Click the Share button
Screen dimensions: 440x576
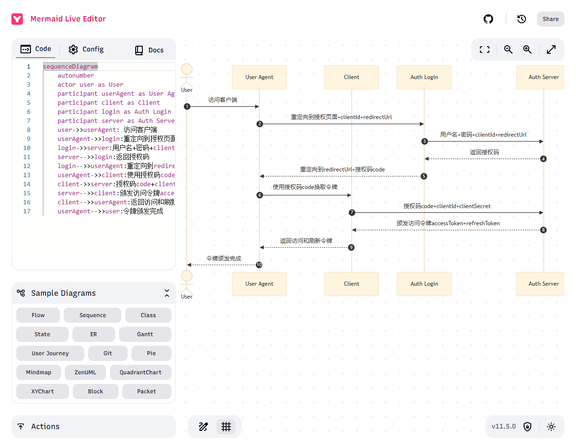pos(550,19)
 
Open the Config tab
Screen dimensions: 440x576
pos(86,50)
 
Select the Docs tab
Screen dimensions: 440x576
pos(149,50)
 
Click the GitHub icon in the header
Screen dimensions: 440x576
pos(488,19)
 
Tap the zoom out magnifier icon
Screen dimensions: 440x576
pos(508,50)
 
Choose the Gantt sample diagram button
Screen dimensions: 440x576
pos(145,334)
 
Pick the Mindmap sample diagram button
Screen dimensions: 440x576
pos(39,372)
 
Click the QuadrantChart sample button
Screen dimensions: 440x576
pos(140,372)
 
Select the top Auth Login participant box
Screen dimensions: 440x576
pos(424,77)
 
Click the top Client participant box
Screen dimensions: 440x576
pos(351,77)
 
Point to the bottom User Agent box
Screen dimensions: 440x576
pos(259,284)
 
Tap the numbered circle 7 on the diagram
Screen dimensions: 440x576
pos(352,212)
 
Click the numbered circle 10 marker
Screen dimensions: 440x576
pos(259,265)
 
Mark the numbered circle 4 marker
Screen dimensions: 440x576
pos(544,159)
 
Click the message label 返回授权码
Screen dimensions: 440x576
pos(484,152)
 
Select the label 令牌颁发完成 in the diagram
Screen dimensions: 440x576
pos(223,259)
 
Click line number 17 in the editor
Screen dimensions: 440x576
pos(27,211)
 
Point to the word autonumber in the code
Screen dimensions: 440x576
pos(76,75)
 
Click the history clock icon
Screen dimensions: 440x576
pos(522,19)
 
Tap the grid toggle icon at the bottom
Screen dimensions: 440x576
pos(226,427)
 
